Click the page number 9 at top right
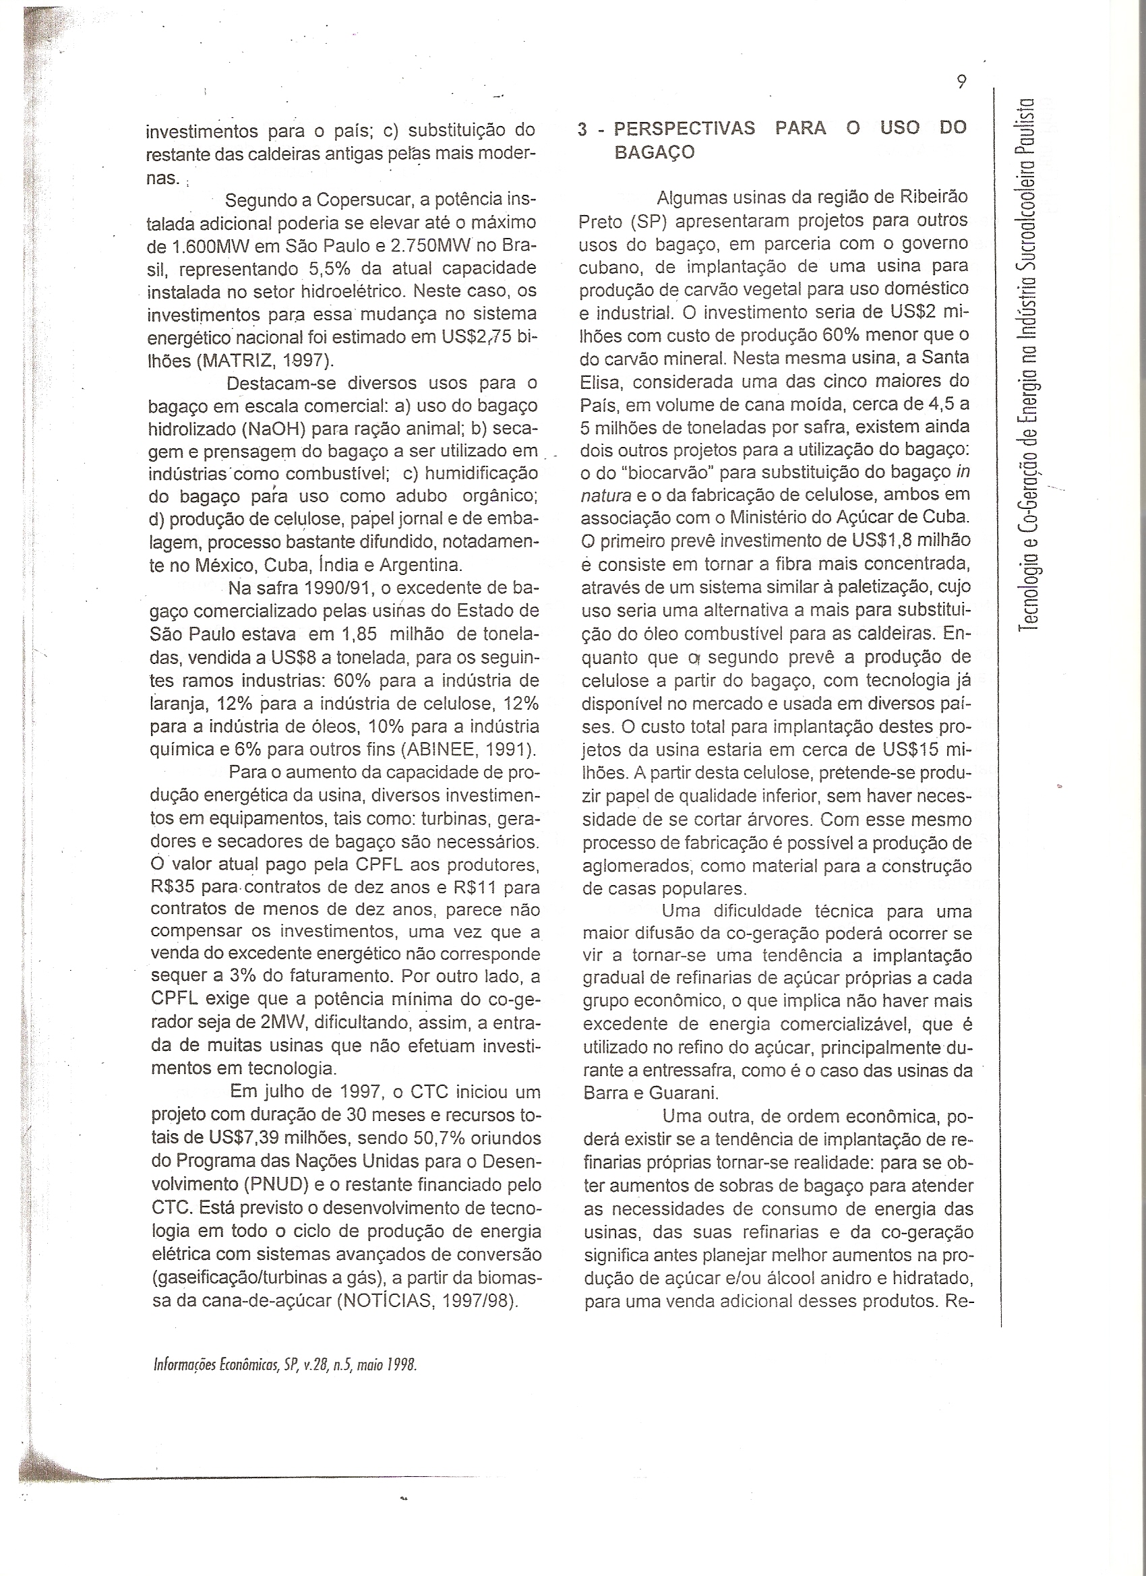pyautogui.click(x=961, y=82)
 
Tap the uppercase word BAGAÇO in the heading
pyautogui.click(x=655, y=153)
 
